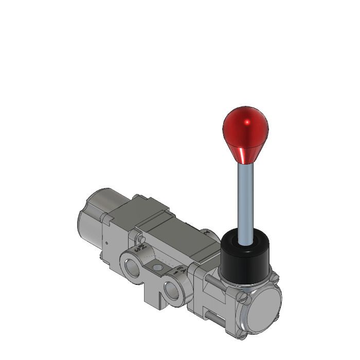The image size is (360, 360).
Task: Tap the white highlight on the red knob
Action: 247,122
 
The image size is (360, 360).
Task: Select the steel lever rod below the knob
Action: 245,201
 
